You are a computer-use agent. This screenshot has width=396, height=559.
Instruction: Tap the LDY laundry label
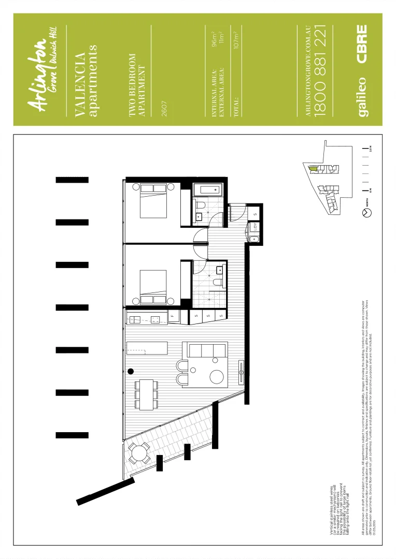[x=255, y=226]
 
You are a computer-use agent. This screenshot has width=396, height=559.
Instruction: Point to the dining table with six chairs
[x=147, y=395]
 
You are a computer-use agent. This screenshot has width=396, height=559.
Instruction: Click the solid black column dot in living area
[x=131, y=371]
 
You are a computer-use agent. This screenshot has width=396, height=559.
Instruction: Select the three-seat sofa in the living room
[x=207, y=350]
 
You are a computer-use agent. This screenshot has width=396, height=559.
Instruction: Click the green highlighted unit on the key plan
[x=312, y=168]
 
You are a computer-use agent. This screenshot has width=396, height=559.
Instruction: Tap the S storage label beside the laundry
[x=255, y=214]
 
